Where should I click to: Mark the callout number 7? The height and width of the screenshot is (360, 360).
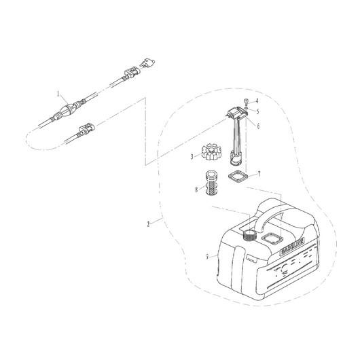pos(258,175)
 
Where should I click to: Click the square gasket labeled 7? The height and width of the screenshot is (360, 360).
pos(237,180)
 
